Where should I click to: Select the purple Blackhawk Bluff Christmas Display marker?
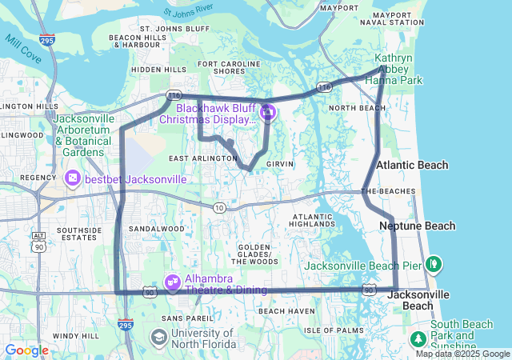click(x=267, y=112)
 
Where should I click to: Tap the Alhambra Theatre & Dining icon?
click(x=172, y=282)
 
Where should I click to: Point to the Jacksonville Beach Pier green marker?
click(x=433, y=262)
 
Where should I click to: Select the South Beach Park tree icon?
click(x=418, y=339)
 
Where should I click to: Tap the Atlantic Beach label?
click(x=412, y=165)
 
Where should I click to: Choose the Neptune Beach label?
click(x=416, y=226)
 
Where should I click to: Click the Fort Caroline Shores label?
click(x=222, y=66)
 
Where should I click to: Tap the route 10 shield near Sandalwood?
click(x=219, y=208)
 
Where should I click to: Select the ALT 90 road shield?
click(x=38, y=240)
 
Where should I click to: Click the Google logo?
click(x=26, y=350)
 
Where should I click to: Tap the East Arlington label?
click(x=202, y=158)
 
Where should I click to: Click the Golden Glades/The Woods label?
click(x=255, y=254)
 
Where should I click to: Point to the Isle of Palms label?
click(x=328, y=330)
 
